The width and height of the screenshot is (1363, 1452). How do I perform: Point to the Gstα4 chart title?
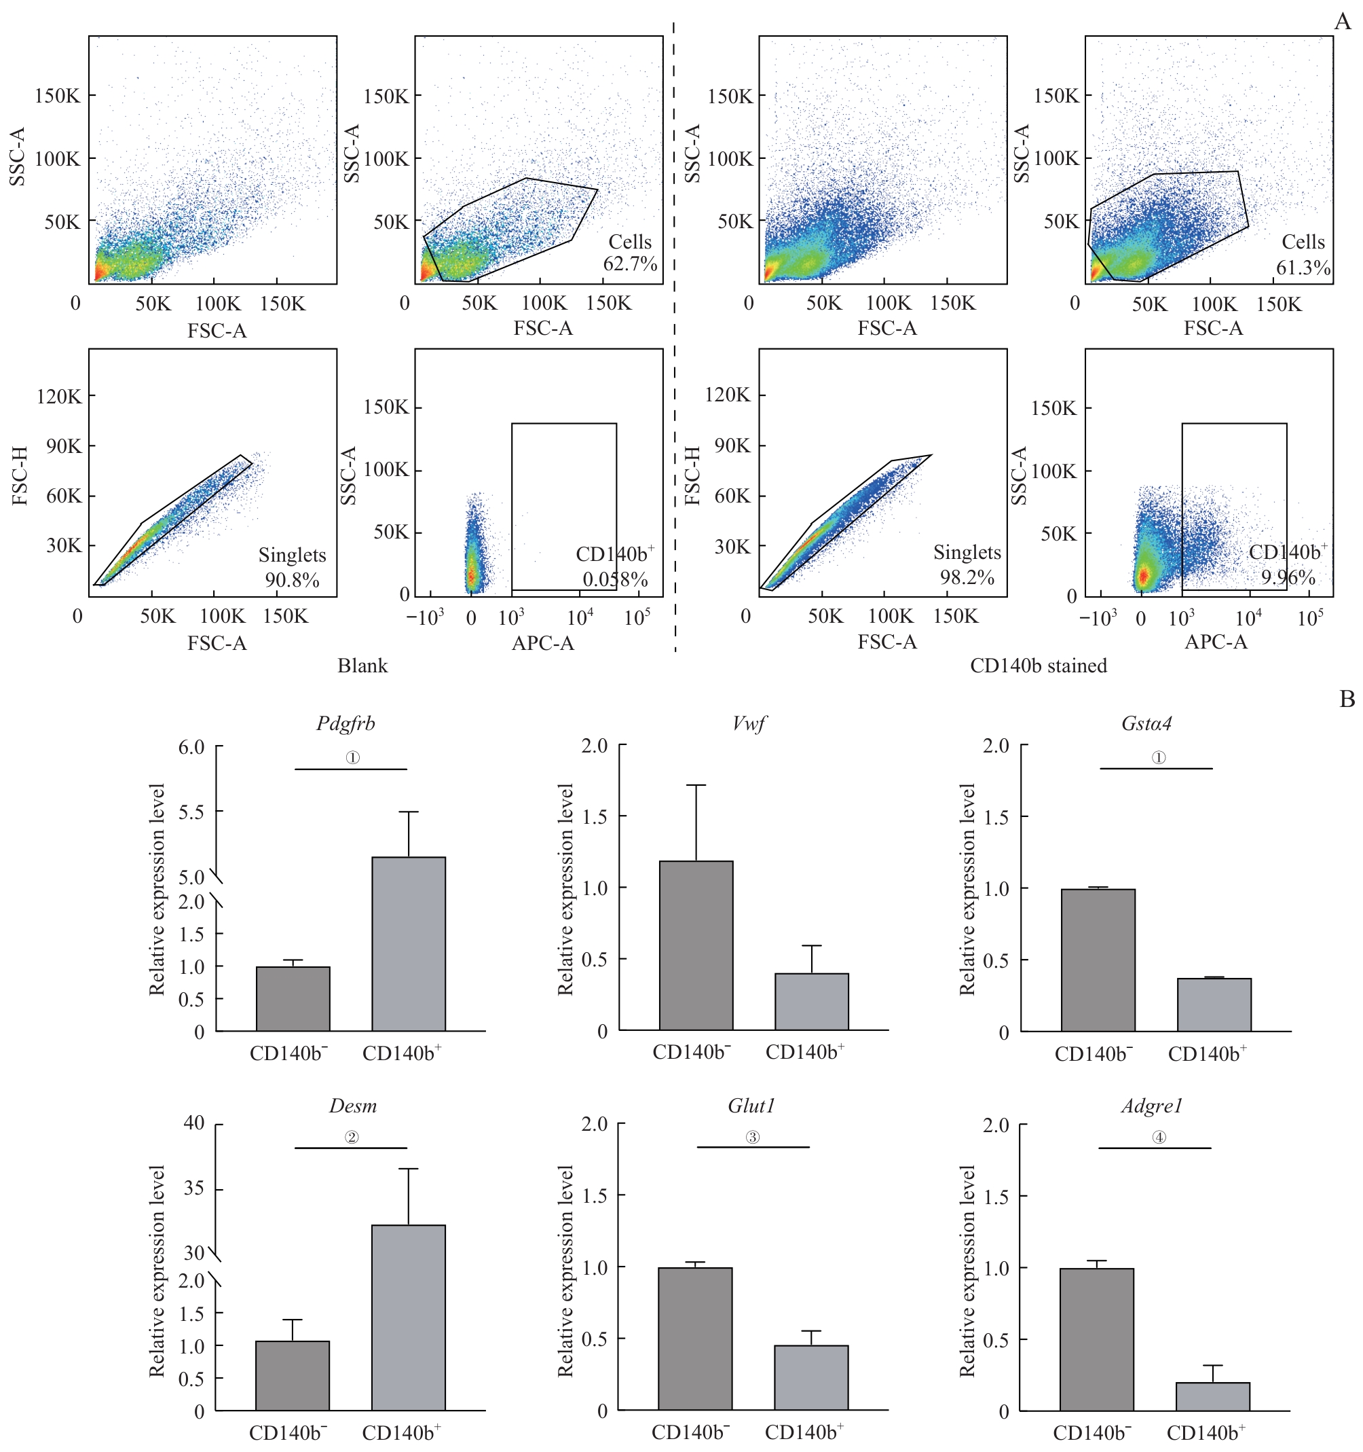pyautogui.click(x=1146, y=724)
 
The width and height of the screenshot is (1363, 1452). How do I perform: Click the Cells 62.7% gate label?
pyautogui.click(x=630, y=253)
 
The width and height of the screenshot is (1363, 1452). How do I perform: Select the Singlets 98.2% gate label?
pyautogui.click(x=967, y=564)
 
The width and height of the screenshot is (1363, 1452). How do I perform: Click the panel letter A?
pyautogui.click(x=1342, y=22)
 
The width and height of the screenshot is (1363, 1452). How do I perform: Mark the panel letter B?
pyautogui.click(x=1347, y=700)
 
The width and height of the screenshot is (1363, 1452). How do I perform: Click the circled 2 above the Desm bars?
pyautogui.click(x=352, y=1137)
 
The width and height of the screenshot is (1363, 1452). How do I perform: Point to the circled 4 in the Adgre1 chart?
pyautogui.click(x=1159, y=1137)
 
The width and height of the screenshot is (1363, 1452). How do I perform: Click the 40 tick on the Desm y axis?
pyautogui.click(x=193, y=1123)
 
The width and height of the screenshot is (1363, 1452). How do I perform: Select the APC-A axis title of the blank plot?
pyautogui.click(x=542, y=642)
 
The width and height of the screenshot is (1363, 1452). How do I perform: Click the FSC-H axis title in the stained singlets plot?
pyautogui.click(x=692, y=475)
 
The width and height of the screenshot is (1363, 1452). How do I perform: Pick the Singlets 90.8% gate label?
pyautogui.click(x=291, y=567)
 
